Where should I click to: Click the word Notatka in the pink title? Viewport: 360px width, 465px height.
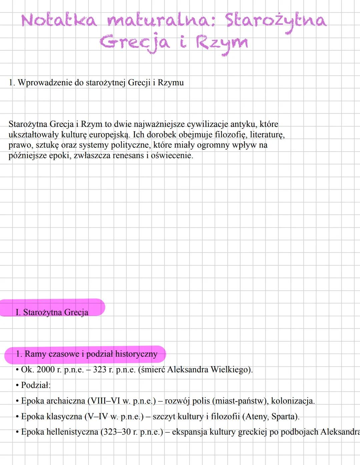tap(59, 20)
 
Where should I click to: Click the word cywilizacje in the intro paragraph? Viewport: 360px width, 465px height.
tap(207, 124)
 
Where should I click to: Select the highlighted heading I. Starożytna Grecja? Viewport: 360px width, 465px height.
tap(52, 312)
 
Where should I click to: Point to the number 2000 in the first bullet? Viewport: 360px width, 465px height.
tap(45, 369)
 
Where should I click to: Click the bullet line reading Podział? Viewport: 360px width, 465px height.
tap(36, 385)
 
